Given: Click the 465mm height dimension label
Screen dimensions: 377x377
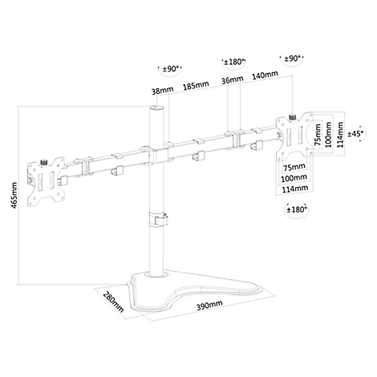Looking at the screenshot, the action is tap(14, 196).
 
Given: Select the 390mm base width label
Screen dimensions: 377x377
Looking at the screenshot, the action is tap(209, 305).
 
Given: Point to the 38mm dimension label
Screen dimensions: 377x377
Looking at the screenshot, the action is tap(162, 91).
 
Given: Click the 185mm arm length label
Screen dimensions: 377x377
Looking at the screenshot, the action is tap(196, 85).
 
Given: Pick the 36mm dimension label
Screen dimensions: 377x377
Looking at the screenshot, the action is tap(233, 79).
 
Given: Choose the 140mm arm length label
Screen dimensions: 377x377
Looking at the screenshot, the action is tap(265, 75).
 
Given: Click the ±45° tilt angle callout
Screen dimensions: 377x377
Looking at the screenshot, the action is tap(355, 133).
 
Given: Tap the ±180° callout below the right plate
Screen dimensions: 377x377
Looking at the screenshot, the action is tap(296, 209).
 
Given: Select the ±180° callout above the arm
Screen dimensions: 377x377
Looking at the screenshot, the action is tap(233, 62).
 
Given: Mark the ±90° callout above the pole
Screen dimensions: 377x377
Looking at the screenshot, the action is tap(170, 69).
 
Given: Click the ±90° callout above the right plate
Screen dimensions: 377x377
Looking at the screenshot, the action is tap(292, 59).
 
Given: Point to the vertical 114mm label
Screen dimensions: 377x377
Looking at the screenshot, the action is tap(340, 135).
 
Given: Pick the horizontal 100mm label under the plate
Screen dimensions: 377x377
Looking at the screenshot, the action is tap(294, 177).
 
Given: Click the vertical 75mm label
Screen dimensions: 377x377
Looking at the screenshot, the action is tap(318, 135).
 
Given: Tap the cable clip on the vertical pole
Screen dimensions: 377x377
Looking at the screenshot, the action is tap(158, 219).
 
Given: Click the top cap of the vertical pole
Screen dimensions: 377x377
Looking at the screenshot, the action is tap(156, 107).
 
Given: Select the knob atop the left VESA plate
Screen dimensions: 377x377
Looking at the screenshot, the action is tap(43, 162).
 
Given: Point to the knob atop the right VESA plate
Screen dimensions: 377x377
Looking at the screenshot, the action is tap(292, 117).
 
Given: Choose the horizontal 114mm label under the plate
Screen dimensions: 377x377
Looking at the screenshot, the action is tap(294, 188).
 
